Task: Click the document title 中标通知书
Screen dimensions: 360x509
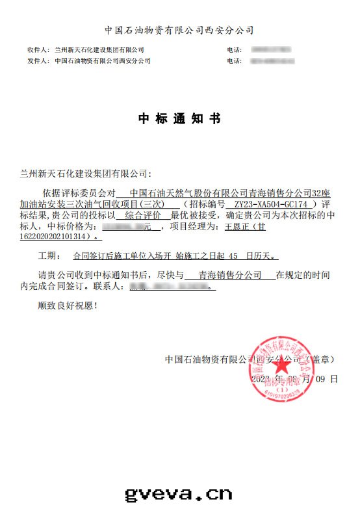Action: (x=179, y=119)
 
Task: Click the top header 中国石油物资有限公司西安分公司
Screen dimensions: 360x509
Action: (x=179, y=30)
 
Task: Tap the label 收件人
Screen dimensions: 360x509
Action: (x=38, y=50)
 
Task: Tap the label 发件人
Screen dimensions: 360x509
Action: (x=38, y=61)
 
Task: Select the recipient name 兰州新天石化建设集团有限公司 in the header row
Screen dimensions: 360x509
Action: (x=99, y=50)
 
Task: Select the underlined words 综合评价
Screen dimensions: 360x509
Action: (x=142, y=215)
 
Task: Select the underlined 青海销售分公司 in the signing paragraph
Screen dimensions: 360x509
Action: (x=229, y=275)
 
